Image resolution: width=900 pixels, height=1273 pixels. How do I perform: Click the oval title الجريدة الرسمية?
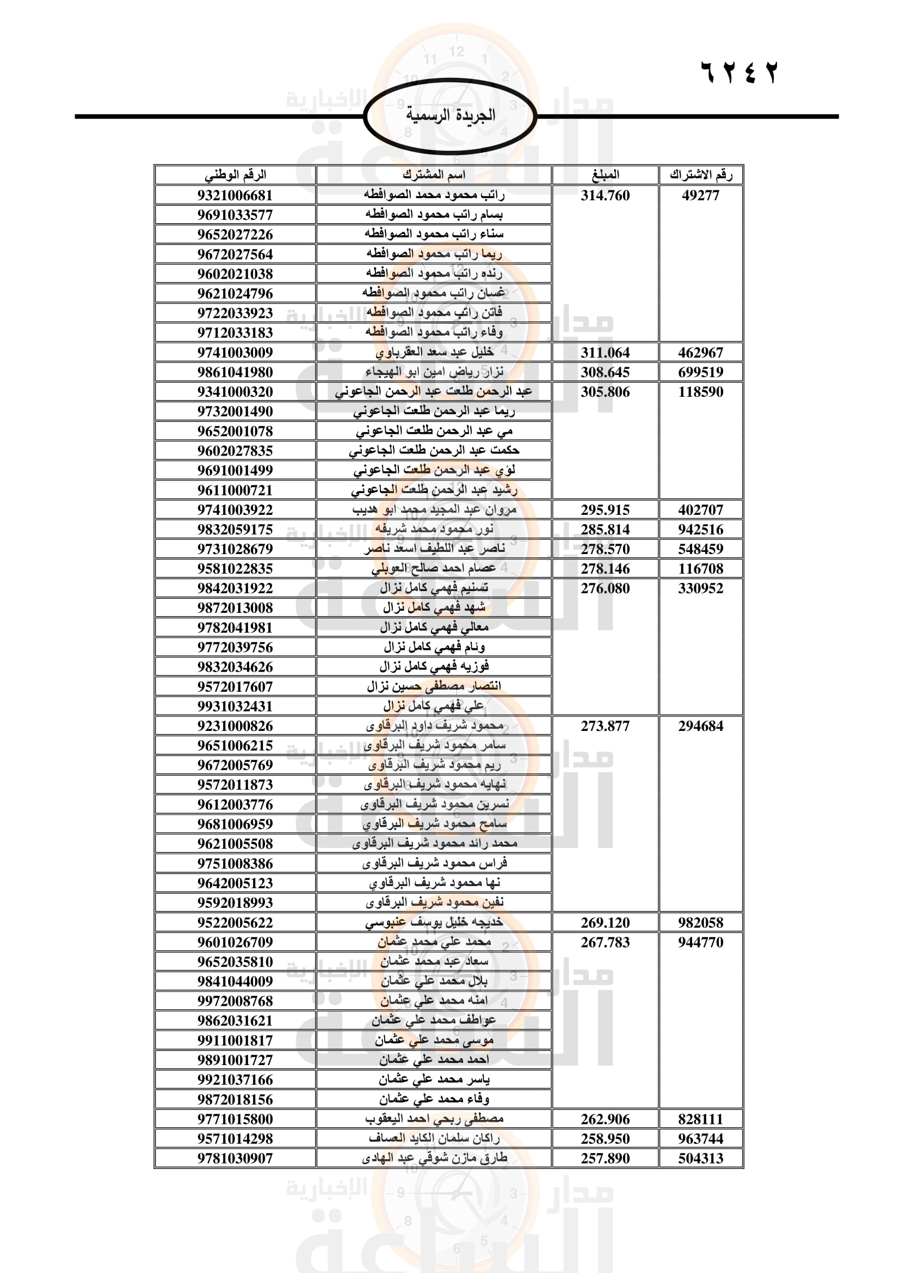450,116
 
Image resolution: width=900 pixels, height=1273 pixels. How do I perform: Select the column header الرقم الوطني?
235,175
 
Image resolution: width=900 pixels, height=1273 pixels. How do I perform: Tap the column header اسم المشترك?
434,175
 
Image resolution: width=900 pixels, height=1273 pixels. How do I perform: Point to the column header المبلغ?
605,175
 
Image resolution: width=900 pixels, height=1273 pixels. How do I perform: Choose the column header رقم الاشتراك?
700,175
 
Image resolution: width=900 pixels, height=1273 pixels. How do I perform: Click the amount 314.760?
605,196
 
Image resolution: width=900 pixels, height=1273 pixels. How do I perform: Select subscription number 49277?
700,196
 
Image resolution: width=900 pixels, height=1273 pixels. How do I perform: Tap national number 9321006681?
235,196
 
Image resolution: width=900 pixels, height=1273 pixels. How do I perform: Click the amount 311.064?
605,353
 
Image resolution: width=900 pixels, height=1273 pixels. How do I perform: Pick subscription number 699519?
700,372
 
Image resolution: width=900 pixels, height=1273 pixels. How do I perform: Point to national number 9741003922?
235,509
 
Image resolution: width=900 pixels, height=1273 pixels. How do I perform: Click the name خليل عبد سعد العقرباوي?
434,353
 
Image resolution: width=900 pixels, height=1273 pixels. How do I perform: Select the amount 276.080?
605,588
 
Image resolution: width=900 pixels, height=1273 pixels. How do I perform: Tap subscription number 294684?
700,726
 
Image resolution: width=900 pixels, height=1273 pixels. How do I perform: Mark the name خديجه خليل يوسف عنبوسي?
434,923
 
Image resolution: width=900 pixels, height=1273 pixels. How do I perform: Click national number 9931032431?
235,706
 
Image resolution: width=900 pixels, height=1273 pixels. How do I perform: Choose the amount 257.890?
605,1158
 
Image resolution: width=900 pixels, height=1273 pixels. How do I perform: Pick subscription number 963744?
700,1139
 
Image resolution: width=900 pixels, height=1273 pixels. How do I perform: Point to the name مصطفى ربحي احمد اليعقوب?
434,1119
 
